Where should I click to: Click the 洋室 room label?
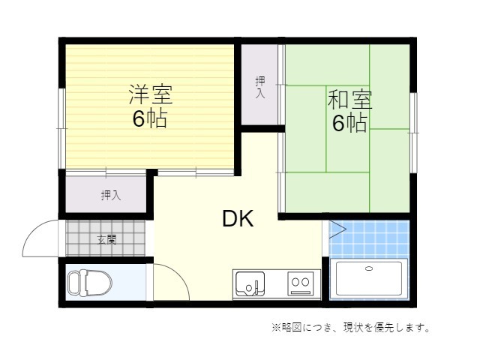151,94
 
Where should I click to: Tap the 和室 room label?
350,99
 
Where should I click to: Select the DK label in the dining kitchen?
238,218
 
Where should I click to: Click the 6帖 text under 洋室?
150,118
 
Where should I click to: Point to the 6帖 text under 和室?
350,122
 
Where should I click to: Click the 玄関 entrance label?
106,240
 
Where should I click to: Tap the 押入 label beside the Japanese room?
260,87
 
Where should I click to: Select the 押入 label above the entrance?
111,195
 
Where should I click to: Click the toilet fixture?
90,283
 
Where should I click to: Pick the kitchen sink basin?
250,283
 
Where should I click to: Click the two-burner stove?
300,283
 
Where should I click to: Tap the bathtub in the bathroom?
369,279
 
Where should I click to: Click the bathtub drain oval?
369,268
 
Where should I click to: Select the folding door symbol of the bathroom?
337,229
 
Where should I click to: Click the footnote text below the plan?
351,328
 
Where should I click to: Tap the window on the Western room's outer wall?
61,128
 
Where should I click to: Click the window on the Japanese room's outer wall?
413,133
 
